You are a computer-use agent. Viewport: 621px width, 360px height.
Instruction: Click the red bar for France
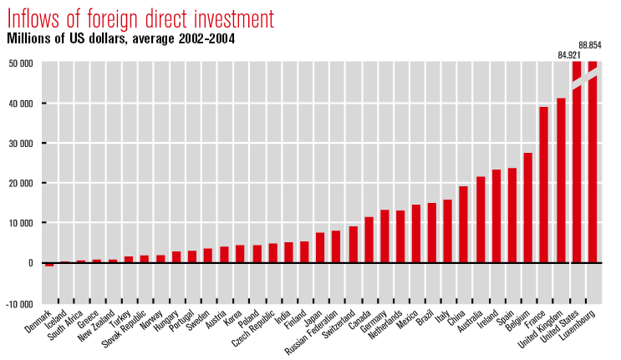[x=544, y=185]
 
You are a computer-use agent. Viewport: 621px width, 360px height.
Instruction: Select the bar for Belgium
[x=528, y=208]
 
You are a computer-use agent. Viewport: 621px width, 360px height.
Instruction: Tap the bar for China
[x=464, y=225]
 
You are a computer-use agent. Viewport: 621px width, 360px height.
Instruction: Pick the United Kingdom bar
[x=561, y=180]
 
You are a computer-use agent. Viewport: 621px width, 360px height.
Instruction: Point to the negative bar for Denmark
[x=49, y=265]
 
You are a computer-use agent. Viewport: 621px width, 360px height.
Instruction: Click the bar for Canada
[x=369, y=240]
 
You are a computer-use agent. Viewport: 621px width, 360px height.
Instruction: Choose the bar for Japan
[x=320, y=247]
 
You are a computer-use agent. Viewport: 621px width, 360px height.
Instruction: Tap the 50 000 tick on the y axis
[x=21, y=63]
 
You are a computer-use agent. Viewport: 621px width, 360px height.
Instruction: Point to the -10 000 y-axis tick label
[x=19, y=302]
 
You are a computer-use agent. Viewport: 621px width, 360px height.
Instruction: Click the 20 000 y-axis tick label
[x=21, y=183]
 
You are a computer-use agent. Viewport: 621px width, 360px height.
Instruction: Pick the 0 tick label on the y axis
[x=30, y=263]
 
